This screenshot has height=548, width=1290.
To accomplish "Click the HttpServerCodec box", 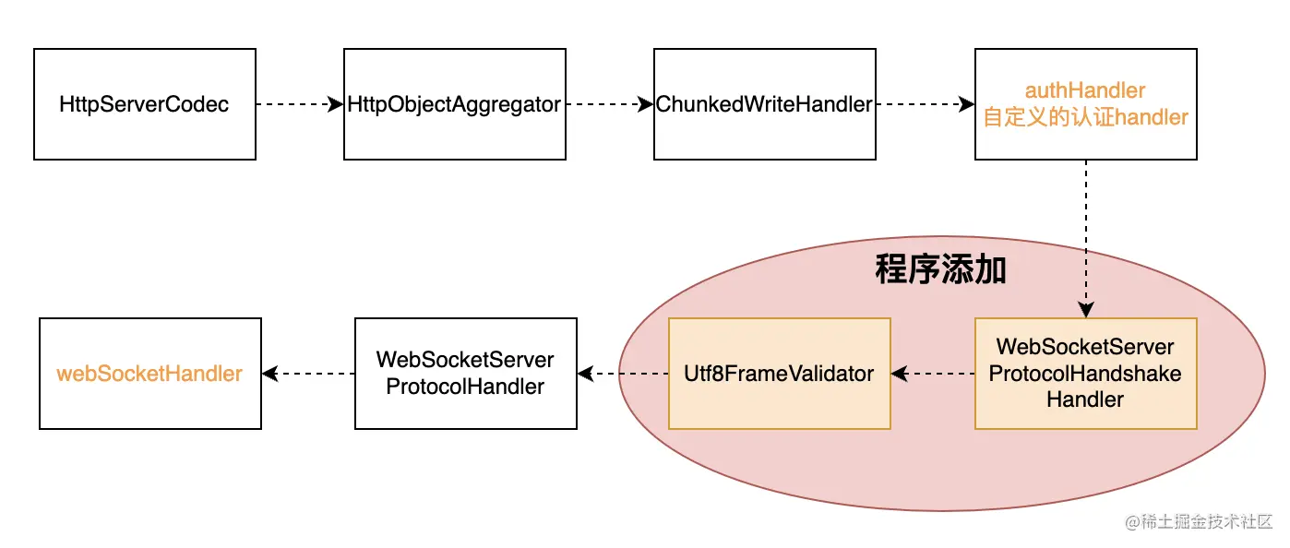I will [x=144, y=104].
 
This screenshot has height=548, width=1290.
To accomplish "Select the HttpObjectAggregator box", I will [x=454, y=104].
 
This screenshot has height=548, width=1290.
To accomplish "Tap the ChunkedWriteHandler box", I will [x=764, y=104].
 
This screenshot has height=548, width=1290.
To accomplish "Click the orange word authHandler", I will [x=1085, y=90].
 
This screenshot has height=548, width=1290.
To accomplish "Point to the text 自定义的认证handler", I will [x=1085, y=117].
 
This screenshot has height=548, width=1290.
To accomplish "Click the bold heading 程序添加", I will [x=939, y=270].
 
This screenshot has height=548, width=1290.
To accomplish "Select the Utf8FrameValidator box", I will [x=779, y=374].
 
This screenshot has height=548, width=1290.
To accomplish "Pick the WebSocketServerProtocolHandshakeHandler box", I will [x=1085, y=374].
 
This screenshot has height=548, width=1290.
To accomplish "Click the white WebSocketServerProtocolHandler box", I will [x=465, y=374].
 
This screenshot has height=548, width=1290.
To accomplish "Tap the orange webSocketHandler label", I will [x=149, y=374].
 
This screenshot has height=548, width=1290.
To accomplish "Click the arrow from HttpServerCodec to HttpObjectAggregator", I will [x=299, y=104].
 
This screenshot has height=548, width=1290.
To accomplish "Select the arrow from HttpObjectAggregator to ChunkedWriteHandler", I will [x=609, y=104].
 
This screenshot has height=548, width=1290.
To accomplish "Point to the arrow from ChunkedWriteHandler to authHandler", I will [x=925, y=104].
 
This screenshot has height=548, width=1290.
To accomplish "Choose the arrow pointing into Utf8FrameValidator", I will [x=932, y=374].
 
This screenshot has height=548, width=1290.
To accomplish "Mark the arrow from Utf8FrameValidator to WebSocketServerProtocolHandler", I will [x=622, y=374].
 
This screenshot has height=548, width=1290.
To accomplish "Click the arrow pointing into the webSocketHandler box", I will [x=308, y=374].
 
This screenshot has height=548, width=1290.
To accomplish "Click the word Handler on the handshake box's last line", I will [x=1085, y=399].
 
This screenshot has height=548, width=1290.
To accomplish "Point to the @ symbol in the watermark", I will [x=1132, y=522].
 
